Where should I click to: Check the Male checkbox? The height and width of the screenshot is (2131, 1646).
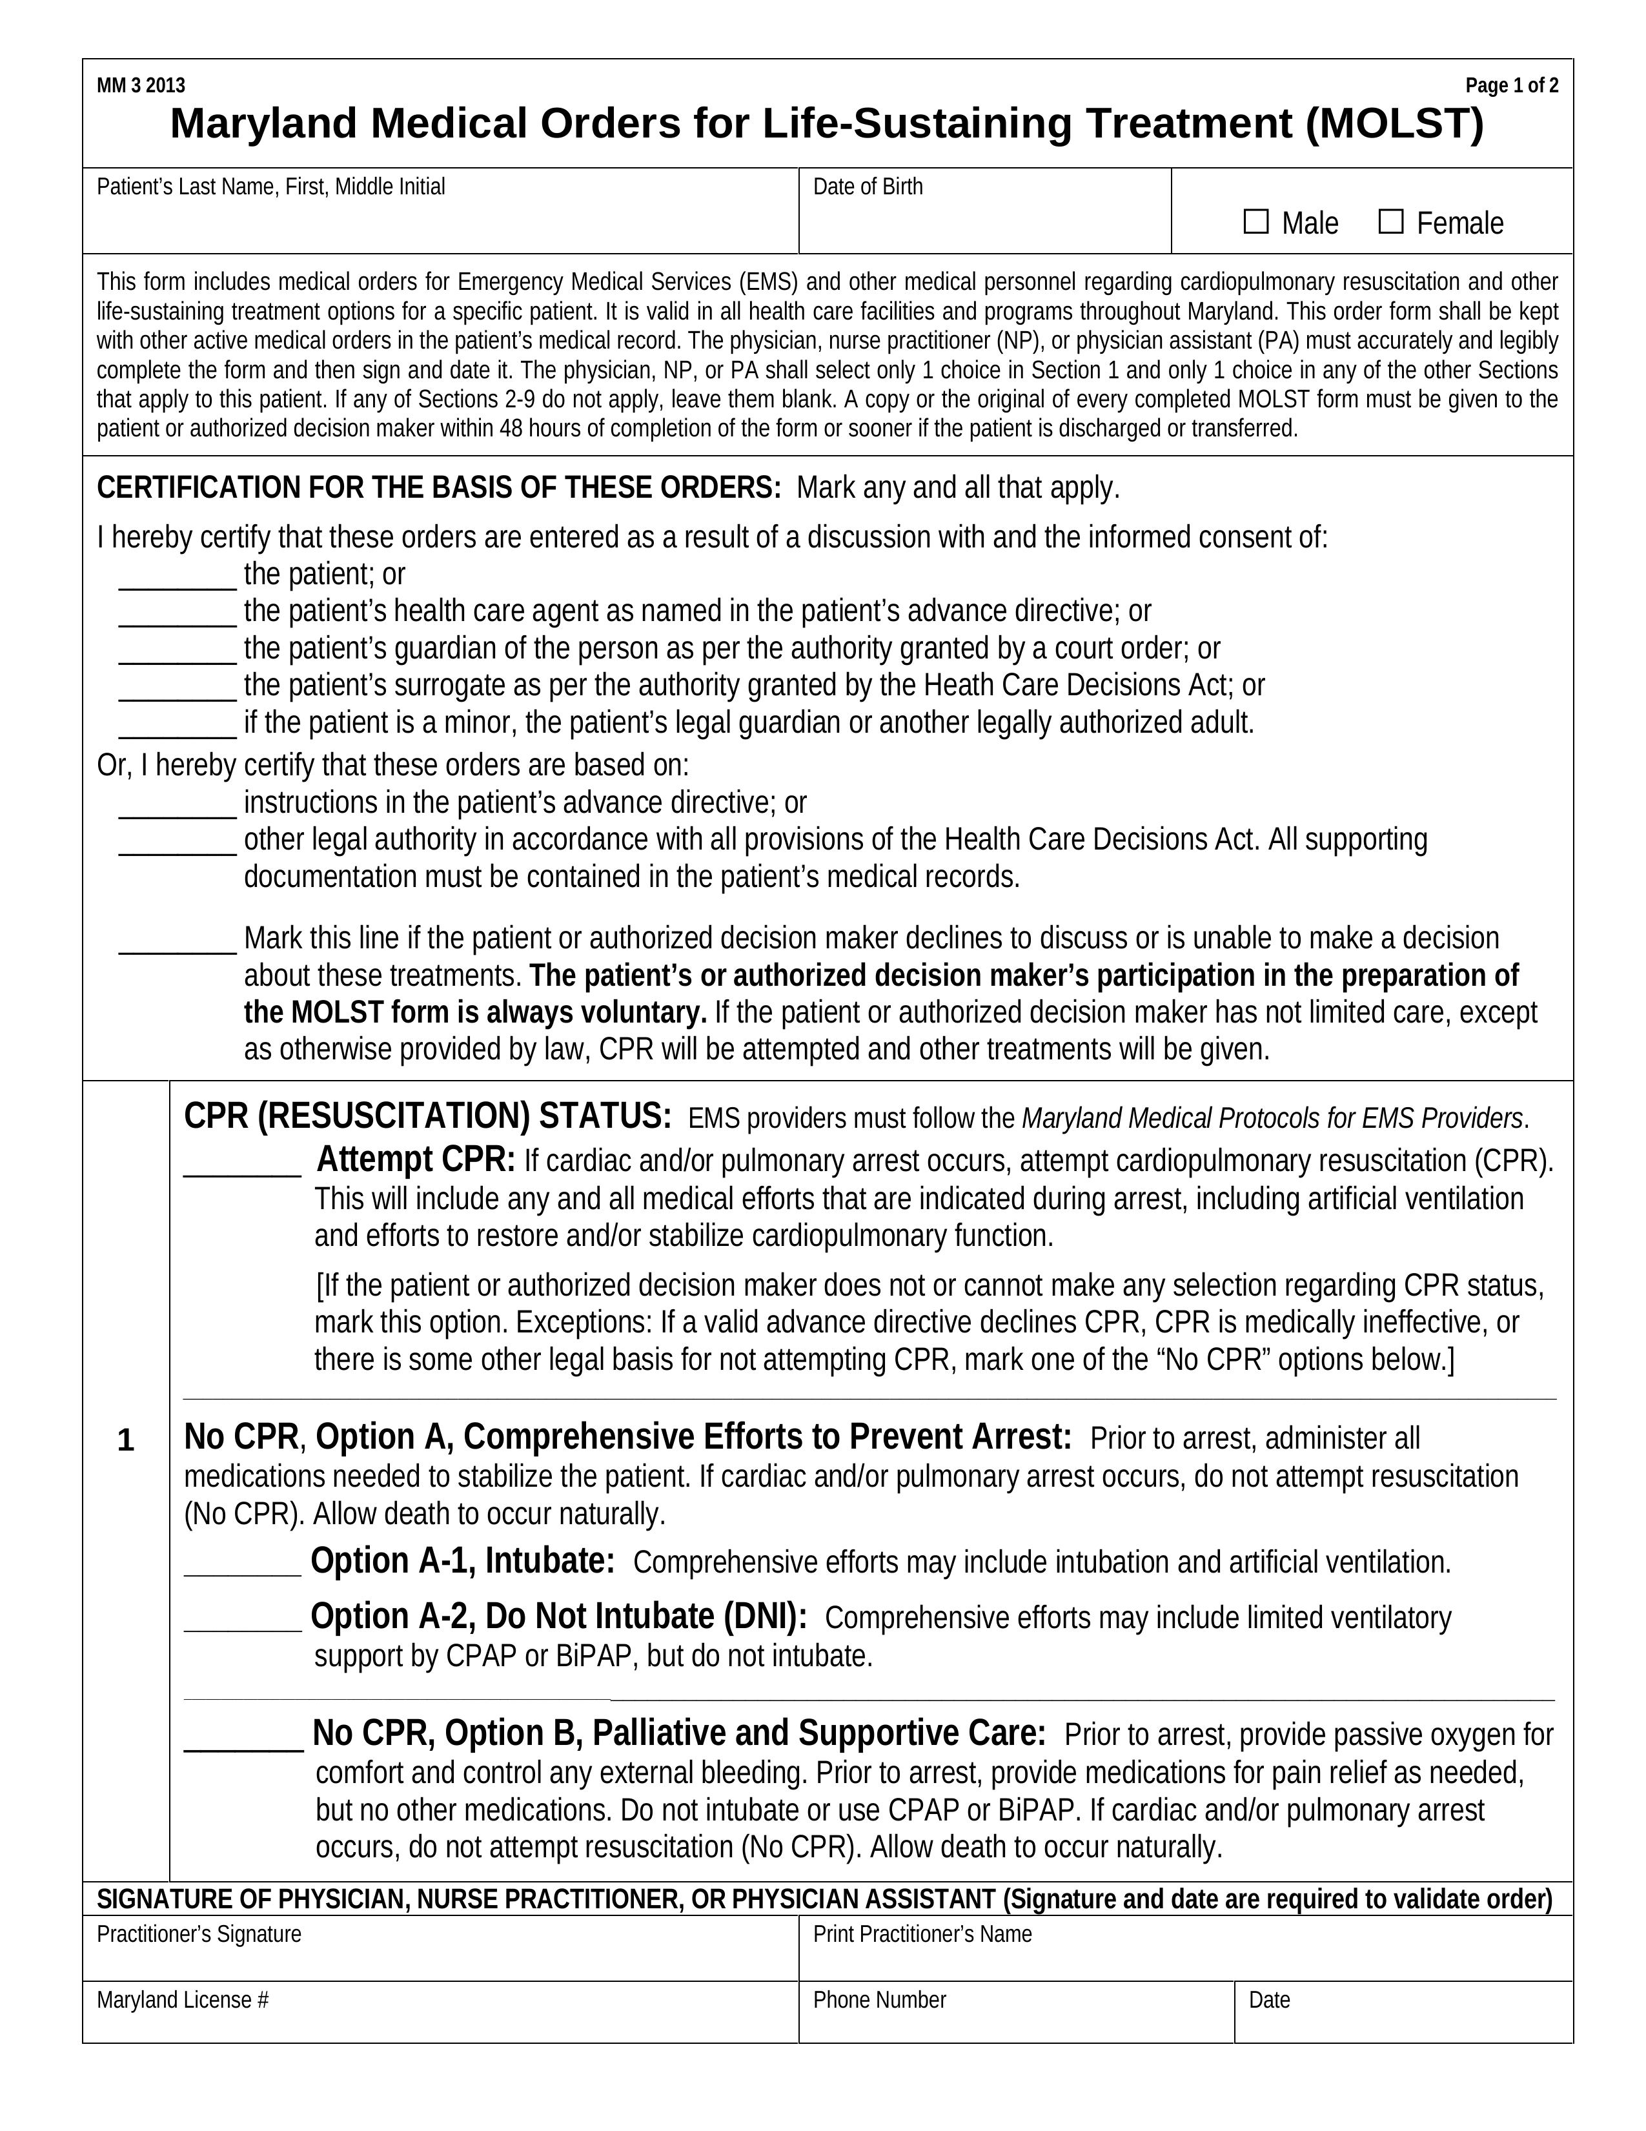pyautogui.click(x=1255, y=223)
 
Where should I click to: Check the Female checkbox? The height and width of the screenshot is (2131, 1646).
pyautogui.click(x=1390, y=223)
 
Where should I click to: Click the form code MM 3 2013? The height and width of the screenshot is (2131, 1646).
pyautogui.click(x=141, y=86)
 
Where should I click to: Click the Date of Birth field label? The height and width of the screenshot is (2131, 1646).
pyautogui.click(x=868, y=187)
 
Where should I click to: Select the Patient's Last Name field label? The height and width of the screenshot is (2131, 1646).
pyautogui.click(x=270, y=187)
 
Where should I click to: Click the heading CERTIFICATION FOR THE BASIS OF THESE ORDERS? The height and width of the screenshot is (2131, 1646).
pyautogui.click(x=439, y=488)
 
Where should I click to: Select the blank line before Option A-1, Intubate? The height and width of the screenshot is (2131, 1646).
pyautogui.click(x=242, y=1566)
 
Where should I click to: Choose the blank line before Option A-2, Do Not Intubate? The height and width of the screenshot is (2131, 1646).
pyautogui.click(x=242, y=1622)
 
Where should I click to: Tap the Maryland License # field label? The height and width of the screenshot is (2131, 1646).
pyautogui.click(x=183, y=2000)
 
